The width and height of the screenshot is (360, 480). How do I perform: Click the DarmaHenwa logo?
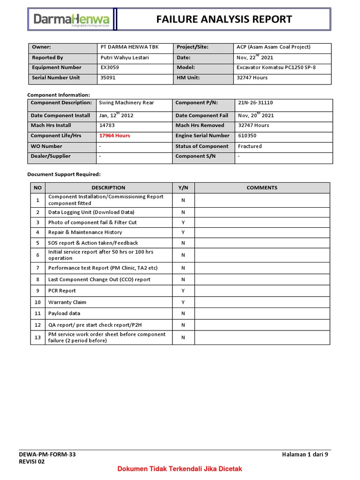click(71, 20)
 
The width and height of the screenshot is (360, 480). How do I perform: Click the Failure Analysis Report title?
click(224, 19)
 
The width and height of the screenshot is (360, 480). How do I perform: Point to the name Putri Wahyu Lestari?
click(125, 58)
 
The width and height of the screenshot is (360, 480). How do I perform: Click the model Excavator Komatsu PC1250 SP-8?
click(276, 67)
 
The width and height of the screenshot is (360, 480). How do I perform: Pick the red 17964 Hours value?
click(114, 136)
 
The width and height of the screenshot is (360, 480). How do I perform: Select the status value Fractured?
click(250, 146)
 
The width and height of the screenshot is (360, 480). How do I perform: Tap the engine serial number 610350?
click(247, 136)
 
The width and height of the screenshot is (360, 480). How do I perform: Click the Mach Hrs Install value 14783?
click(107, 126)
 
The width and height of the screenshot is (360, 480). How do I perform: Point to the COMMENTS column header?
click(262, 188)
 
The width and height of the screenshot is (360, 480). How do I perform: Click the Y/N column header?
click(183, 188)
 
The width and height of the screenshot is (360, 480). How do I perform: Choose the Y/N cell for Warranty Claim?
click(183, 302)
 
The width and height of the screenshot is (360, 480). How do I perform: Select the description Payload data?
click(64, 314)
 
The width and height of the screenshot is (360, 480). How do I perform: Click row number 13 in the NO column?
click(37, 337)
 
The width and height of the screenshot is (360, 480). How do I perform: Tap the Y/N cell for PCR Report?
click(183, 291)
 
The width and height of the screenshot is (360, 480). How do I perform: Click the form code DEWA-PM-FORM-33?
click(47, 454)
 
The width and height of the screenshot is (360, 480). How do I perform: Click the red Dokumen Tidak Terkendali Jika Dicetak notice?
click(180, 469)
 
